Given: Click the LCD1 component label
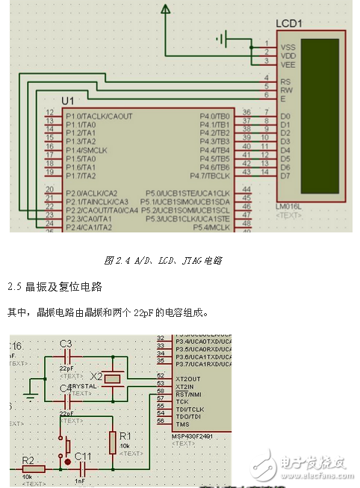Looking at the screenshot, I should point(289,23).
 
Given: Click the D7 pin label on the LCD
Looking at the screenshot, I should point(285,176).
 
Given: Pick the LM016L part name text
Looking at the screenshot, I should point(288,206).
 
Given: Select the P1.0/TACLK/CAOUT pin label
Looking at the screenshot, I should point(99,116).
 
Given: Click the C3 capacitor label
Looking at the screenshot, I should point(66,344).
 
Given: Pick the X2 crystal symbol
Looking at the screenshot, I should point(111,379).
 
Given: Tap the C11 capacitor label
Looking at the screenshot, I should point(84,456).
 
